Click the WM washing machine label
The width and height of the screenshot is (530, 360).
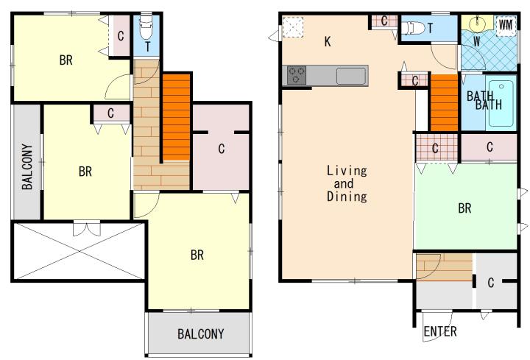(x=505, y=25)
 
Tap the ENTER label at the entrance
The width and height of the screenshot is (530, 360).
(x=440, y=331)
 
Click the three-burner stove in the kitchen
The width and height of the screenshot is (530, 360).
(x=297, y=75)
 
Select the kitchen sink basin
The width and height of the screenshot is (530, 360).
(x=351, y=76)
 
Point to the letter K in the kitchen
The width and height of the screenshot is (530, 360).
(x=328, y=41)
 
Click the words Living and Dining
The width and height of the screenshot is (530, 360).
(x=347, y=183)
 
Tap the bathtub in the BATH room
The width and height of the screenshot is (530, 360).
(x=501, y=101)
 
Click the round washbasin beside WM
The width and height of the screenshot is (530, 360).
(x=477, y=23)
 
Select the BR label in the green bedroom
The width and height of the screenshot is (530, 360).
(x=464, y=208)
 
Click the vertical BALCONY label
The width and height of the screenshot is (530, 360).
(x=27, y=166)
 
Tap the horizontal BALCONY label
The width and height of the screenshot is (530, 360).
(x=201, y=334)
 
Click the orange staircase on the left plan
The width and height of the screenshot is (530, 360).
(x=176, y=117)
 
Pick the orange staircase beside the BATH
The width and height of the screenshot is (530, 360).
(x=444, y=102)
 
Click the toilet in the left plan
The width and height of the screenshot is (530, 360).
(x=146, y=27)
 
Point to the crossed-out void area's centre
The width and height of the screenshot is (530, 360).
(x=79, y=250)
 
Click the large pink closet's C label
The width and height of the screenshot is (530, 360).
(x=222, y=149)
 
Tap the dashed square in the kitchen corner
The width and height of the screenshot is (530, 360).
(x=293, y=27)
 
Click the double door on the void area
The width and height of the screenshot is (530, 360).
(x=87, y=228)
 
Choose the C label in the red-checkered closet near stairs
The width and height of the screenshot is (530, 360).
(x=435, y=148)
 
